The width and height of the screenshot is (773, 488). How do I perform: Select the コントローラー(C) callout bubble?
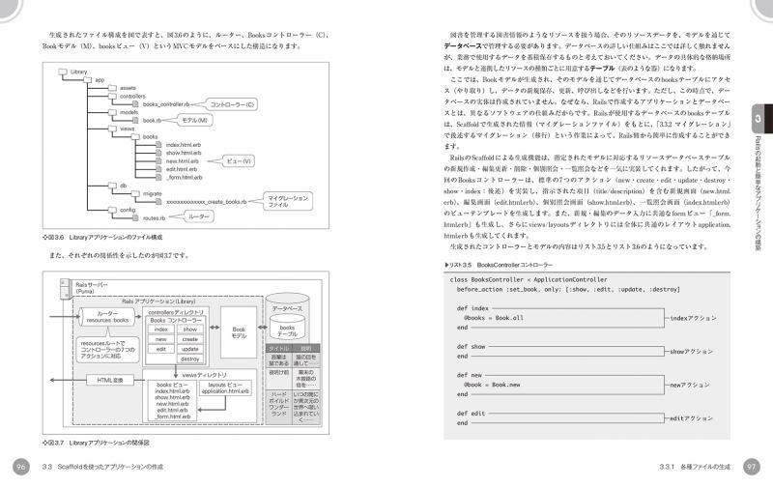point(234,103)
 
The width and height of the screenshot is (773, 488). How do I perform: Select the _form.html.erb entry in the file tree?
point(184,178)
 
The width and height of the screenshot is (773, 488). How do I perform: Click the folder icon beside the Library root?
point(64,72)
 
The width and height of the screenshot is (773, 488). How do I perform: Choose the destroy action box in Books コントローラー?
point(189,359)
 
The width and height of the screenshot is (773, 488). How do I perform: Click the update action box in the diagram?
point(189,349)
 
